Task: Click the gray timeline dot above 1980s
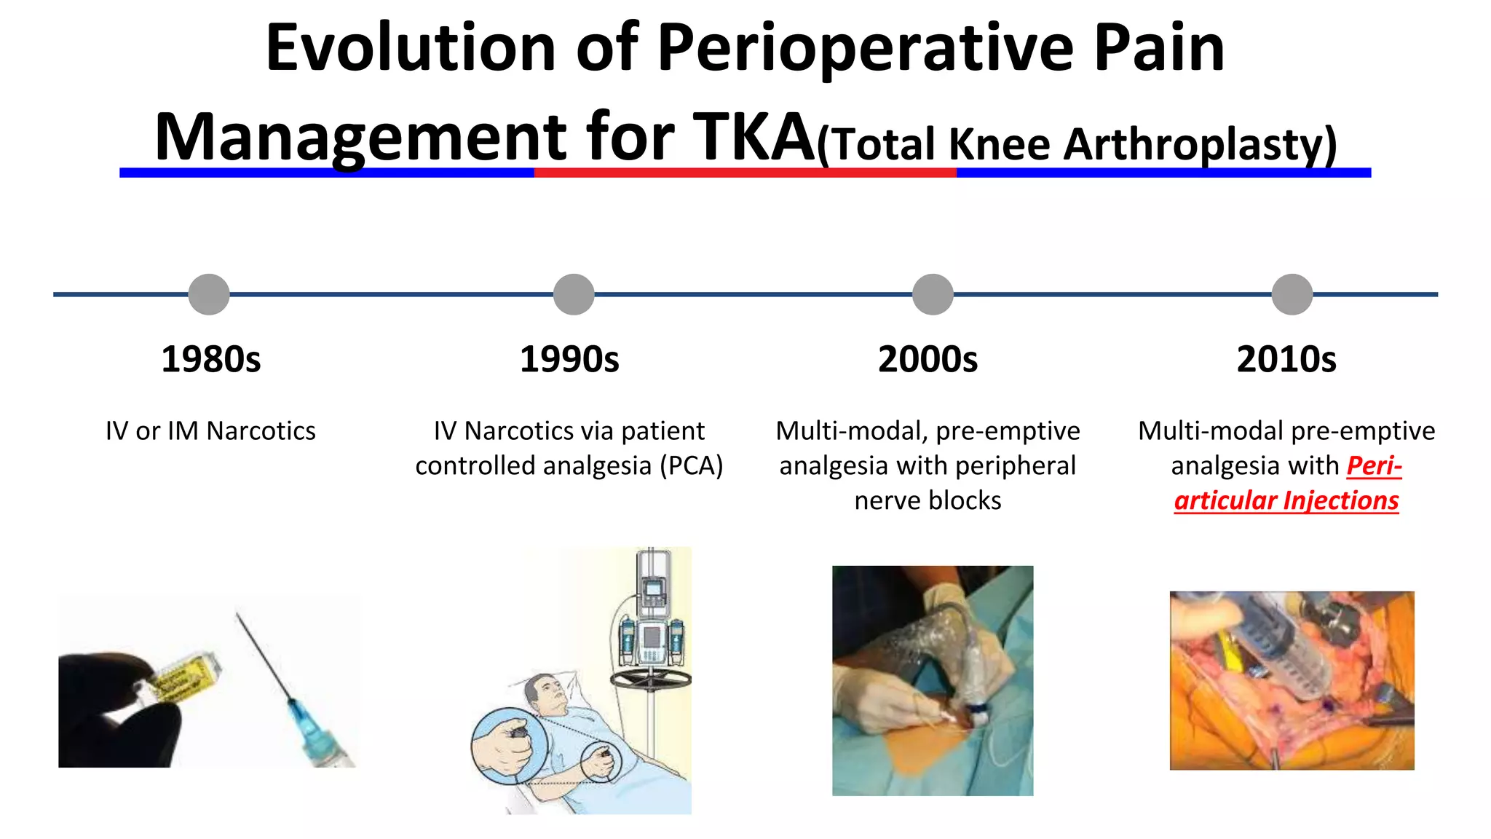click(x=209, y=294)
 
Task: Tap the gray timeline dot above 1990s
click(x=574, y=294)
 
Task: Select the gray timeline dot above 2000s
click(x=933, y=294)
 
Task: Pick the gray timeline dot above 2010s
click(x=1292, y=294)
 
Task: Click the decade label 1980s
click(x=210, y=359)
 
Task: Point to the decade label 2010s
click(x=1286, y=359)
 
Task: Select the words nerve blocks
click(x=928, y=500)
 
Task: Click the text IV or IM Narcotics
click(x=210, y=430)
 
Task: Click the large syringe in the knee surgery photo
click(x=1289, y=648)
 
